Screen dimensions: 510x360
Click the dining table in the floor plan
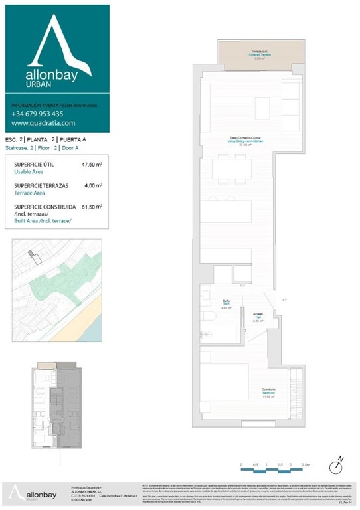[x=231, y=169]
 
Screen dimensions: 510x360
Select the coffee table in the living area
[x=262, y=108]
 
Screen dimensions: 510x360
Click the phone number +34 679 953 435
[x=37, y=114]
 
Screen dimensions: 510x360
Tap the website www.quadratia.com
[x=43, y=123]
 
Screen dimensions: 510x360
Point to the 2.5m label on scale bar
[x=305, y=466]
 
